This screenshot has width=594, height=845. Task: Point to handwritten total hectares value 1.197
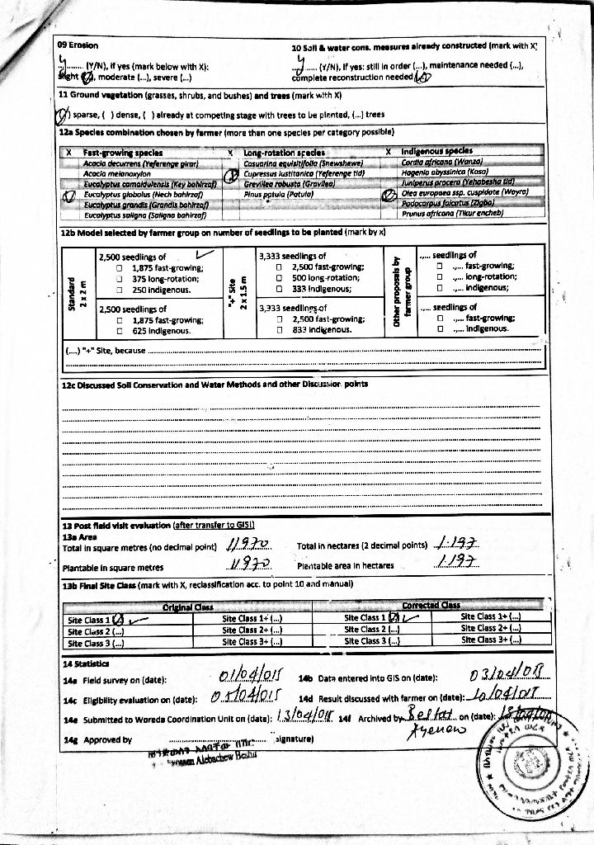(x=456, y=544)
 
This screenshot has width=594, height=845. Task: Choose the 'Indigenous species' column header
(x=437, y=152)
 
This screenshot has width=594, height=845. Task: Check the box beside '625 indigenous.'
(x=120, y=330)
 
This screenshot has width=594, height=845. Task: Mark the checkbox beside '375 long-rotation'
(x=120, y=279)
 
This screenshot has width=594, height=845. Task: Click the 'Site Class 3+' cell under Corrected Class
(x=491, y=640)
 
